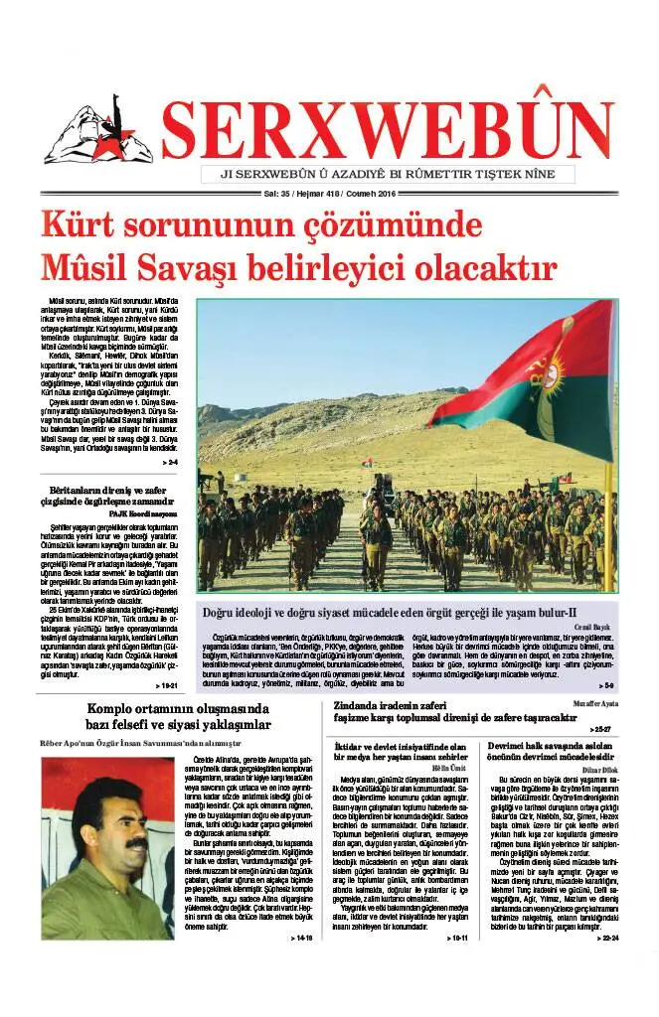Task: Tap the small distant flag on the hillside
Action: pos(367,463)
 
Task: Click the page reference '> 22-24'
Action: pos(602,937)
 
